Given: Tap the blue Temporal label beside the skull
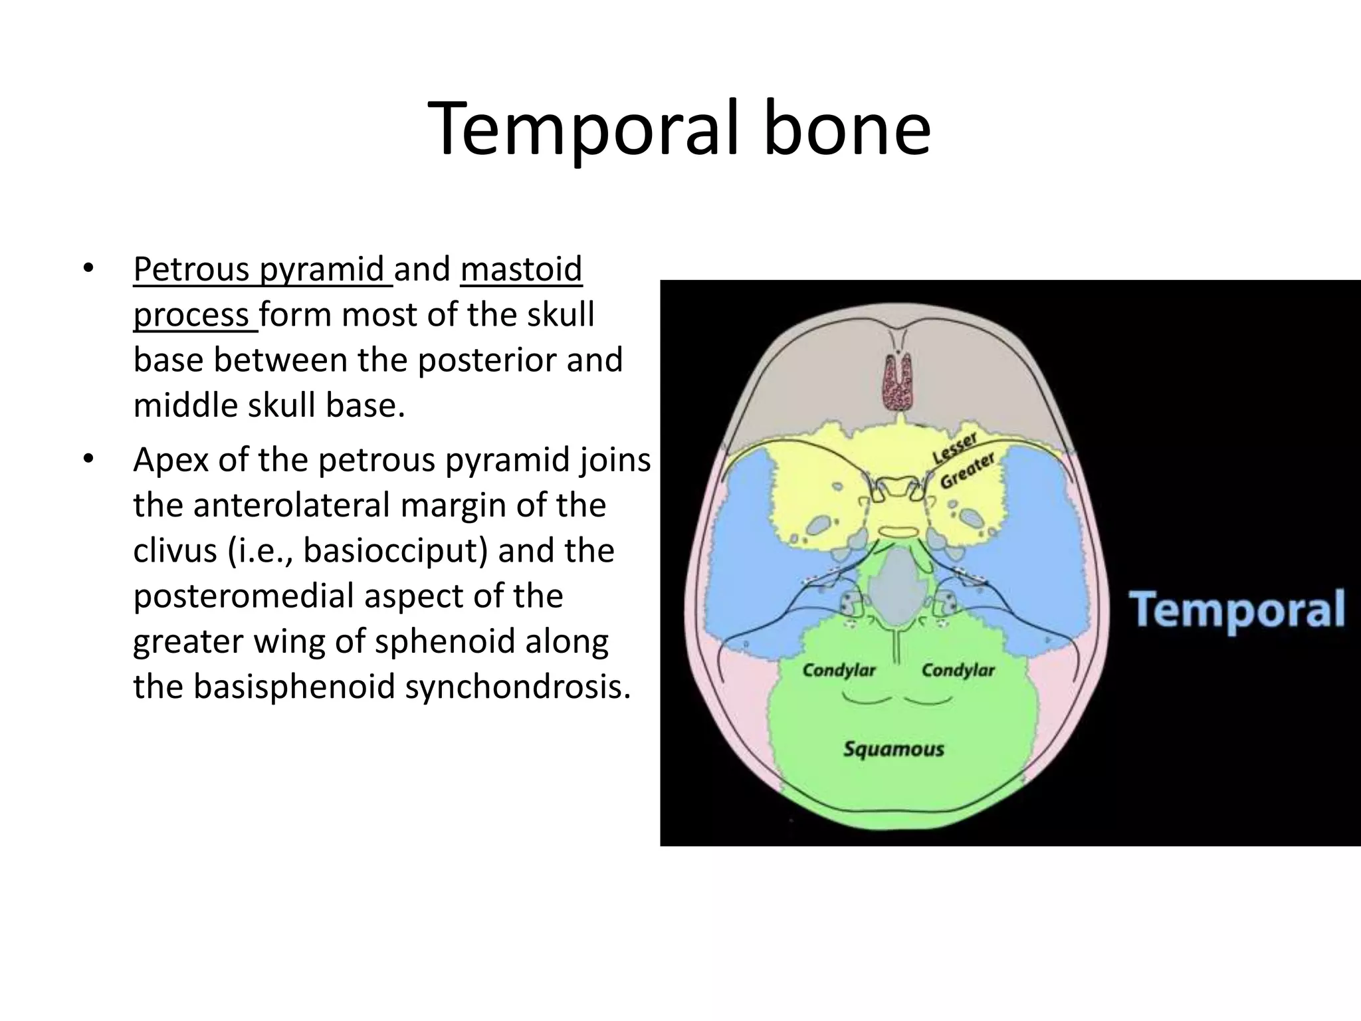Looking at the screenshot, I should (1237, 610).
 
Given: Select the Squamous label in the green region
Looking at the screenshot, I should (893, 749).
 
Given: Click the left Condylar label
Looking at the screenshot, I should (839, 670).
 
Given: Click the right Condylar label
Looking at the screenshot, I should (958, 670).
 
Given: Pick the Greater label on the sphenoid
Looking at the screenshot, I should (967, 471).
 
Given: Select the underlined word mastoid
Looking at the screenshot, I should (521, 269).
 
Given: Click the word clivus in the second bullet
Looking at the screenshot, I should (175, 550).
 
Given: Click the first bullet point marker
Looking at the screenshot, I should (88, 270).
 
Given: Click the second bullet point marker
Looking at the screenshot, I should (88, 460).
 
